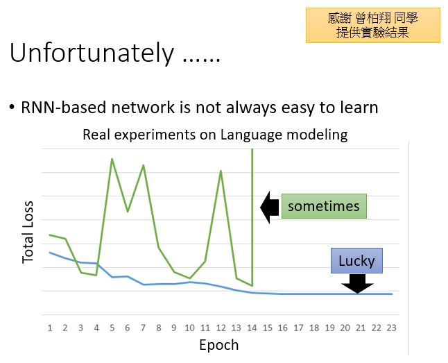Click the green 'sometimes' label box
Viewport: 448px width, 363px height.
pyautogui.click(x=324, y=206)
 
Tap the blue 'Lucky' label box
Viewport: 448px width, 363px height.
pyautogui.click(x=356, y=260)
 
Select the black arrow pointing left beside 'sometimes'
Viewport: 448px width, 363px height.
pyautogui.click(x=270, y=208)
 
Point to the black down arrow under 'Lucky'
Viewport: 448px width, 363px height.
pyautogui.click(x=357, y=284)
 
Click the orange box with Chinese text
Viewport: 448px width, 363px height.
pyautogui.click(x=373, y=26)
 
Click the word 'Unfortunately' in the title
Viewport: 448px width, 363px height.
pyautogui.click(x=92, y=53)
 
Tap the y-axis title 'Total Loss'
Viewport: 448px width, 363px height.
pyautogui.click(x=28, y=232)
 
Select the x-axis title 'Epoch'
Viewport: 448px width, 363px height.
pyautogui.click(x=219, y=345)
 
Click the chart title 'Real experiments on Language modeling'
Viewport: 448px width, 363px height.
pyautogui.click(x=215, y=135)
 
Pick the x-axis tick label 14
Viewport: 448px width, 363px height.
pyautogui.click(x=252, y=328)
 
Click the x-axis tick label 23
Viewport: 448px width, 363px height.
pyautogui.click(x=391, y=328)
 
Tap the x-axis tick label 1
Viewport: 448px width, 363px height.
pyautogui.click(x=50, y=328)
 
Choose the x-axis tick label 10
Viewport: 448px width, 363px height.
pyautogui.click(x=190, y=328)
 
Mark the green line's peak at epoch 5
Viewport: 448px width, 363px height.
pyautogui.click(x=112, y=158)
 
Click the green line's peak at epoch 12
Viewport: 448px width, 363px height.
pyautogui.click(x=221, y=171)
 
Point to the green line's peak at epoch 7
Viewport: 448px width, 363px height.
pyautogui.click(x=143, y=164)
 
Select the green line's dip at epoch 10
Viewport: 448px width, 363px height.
pyautogui.click(x=190, y=278)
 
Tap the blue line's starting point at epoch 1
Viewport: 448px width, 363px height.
pyautogui.click(x=50, y=253)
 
